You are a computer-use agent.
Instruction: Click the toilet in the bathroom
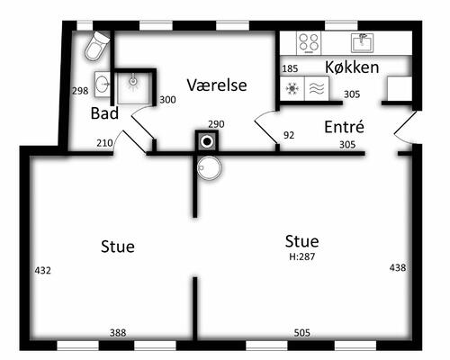pyautogui.click(x=97, y=46)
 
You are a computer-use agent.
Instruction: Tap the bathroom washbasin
pyautogui.click(x=103, y=84)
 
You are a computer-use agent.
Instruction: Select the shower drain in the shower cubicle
pyautogui.click(x=133, y=81)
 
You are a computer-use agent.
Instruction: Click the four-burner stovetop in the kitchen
pyautogui.click(x=309, y=43)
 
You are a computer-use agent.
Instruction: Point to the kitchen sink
pyautogui.click(x=363, y=43)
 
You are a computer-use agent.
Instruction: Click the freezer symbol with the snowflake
pyautogui.click(x=292, y=88)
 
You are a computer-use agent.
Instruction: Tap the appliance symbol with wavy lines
pyautogui.click(x=317, y=88)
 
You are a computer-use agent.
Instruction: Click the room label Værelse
pyautogui.click(x=217, y=85)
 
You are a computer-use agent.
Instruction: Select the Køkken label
pyautogui.click(x=352, y=67)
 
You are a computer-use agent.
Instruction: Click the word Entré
pyautogui.click(x=344, y=126)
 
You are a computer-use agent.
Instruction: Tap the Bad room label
pyautogui.click(x=104, y=113)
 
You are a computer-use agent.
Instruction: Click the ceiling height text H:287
pyautogui.click(x=301, y=256)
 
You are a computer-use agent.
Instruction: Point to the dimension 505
pyautogui.click(x=301, y=333)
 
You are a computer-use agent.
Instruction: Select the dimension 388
pyautogui.click(x=118, y=333)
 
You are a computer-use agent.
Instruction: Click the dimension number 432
pyautogui.click(x=43, y=271)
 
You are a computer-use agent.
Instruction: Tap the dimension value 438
pyautogui.click(x=398, y=267)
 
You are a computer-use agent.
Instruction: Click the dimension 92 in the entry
pyautogui.click(x=289, y=135)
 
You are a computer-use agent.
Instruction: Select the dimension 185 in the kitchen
pyautogui.click(x=290, y=68)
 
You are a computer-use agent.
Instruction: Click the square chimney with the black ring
pyautogui.click(x=207, y=141)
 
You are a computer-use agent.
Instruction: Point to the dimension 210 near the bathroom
pyautogui.click(x=104, y=143)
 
